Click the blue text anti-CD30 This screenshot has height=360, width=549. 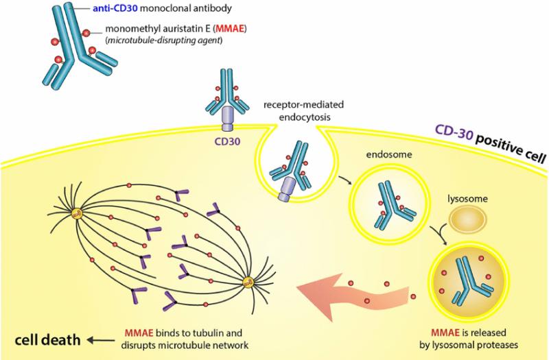pyautogui.click(x=115, y=8)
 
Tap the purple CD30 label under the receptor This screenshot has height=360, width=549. pyautogui.click(x=228, y=141)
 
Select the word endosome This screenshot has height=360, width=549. pyautogui.click(x=389, y=154)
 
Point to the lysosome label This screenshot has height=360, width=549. pyautogui.click(x=468, y=199)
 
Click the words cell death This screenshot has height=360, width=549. pyautogui.click(x=47, y=339)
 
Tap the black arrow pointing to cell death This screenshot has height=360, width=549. pyautogui.click(x=101, y=340)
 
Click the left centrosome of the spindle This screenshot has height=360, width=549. pyautogui.click(x=77, y=213)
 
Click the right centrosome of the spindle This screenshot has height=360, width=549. pyautogui.click(x=248, y=282)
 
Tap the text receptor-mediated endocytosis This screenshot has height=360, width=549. pyautogui.click(x=304, y=110)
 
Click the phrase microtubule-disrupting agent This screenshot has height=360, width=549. pyautogui.click(x=165, y=40)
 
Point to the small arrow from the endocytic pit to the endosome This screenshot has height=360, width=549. pyautogui.click(x=344, y=180)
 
